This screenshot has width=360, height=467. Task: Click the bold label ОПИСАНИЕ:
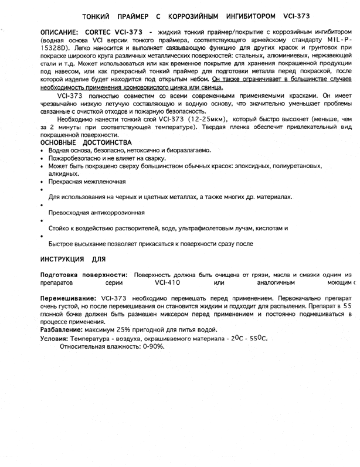point(60,30)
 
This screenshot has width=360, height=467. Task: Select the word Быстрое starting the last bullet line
point(63,243)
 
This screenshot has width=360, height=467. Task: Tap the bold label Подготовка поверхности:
point(84,275)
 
